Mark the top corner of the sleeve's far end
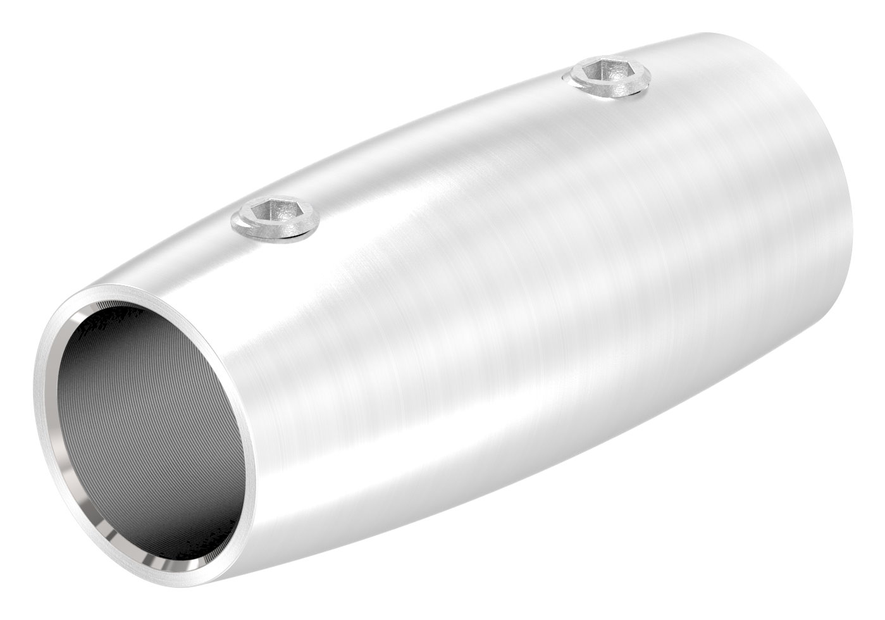tap(715, 33)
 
